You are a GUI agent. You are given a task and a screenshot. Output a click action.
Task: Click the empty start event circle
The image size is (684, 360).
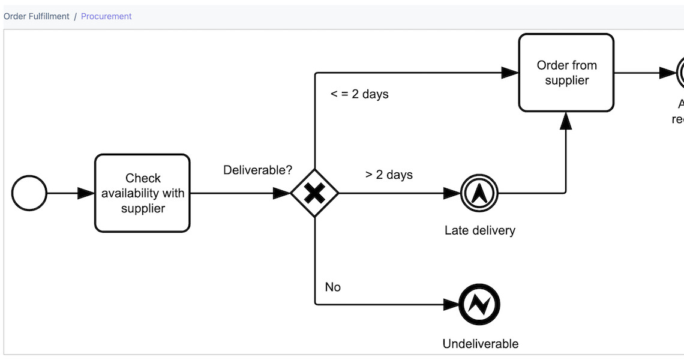29,193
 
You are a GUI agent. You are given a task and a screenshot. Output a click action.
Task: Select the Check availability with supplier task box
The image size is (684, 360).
142,193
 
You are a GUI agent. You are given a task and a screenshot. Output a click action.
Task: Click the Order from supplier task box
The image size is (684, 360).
566,73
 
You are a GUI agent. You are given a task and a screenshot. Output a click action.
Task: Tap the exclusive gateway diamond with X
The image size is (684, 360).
314,193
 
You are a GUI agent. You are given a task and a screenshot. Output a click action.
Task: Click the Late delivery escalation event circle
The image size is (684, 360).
479,193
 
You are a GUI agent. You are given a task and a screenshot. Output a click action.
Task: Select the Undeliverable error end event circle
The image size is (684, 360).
479,305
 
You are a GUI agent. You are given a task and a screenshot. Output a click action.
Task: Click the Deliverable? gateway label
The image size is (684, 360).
257,170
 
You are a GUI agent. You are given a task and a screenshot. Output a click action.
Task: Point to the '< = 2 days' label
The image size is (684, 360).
359,94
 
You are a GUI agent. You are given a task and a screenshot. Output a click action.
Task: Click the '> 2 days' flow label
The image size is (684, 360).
389,175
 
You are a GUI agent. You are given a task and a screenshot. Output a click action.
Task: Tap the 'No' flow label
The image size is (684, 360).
332,287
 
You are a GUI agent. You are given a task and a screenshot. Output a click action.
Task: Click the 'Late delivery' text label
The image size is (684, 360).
479,230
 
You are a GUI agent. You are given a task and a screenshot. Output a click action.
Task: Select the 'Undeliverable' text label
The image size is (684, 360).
480,344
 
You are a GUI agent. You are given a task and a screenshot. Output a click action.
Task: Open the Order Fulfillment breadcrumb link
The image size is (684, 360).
37,16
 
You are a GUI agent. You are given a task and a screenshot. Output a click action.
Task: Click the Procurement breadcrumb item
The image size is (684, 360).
106,16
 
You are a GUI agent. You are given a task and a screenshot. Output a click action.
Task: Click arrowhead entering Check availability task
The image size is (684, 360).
86,193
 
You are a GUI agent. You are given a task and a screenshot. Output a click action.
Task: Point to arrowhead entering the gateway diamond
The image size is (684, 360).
281,193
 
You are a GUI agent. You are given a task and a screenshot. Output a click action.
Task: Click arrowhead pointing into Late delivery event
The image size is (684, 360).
452,193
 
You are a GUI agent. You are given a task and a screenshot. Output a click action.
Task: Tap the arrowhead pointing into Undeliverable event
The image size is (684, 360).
452,305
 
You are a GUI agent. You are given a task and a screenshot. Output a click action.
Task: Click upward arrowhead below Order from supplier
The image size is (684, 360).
566,121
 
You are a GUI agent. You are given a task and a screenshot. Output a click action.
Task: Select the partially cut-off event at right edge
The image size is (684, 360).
680,73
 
